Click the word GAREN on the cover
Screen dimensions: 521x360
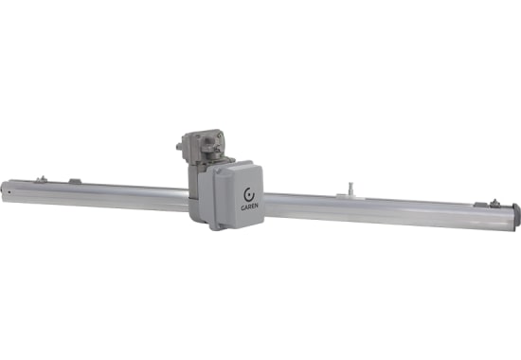(x=249, y=206)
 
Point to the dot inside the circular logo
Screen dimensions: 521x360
(x=249, y=195)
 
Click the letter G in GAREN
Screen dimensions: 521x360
(x=243, y=207)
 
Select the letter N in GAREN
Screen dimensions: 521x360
(x=256, y=206)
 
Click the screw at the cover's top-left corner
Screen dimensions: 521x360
(x=217, y=171)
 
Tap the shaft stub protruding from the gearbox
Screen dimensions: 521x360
(x=179, y=147)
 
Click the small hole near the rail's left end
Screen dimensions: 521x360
(x=9, y=191)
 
